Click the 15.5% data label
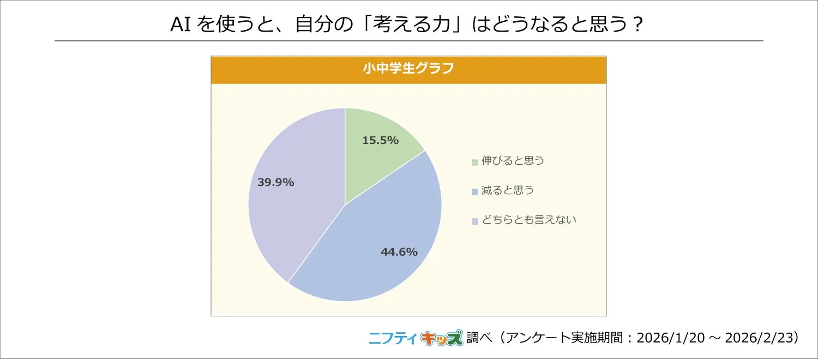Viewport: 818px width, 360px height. click(x=380, y=140)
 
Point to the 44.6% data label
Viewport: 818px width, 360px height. click(x=399, y=252)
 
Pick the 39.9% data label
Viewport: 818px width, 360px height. click(x=275, y=183)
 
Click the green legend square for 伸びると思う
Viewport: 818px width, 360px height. click(x=475, y=162)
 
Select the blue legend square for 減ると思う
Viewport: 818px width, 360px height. click(x=475, y=191)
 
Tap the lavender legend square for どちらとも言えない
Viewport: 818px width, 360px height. click(x=475, y=221)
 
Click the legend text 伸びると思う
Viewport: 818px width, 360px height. click(x=513, y=161)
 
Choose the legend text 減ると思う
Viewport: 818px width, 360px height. click(x=507, y=191)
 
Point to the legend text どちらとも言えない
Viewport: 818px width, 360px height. click(x=528, y=220)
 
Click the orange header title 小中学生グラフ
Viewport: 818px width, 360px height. click(x=408, y=70)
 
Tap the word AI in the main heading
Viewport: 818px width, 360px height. click(x=180, y=25)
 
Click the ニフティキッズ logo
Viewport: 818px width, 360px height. click(x=415, y=338)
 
